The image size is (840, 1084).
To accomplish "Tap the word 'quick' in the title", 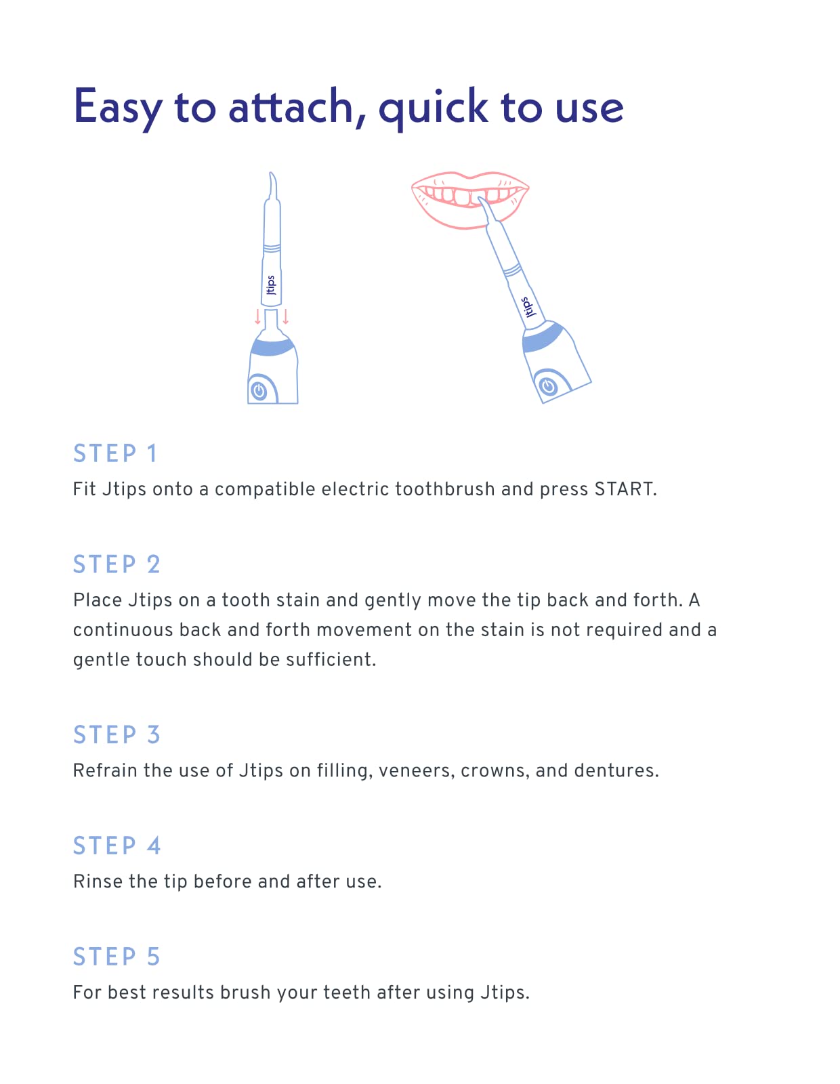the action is click(x=433, y=110).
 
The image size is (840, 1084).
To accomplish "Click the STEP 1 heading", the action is click(x=114, y=453).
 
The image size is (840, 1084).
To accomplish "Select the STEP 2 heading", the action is click(x=117, y=564).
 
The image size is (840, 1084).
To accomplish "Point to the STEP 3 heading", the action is click(x=117, y=734).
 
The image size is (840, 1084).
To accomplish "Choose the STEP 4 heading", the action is click(x=117, y=845).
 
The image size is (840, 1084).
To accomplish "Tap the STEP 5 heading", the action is click(x=117, y=956).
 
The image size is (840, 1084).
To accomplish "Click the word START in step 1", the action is click(x=625, y=489).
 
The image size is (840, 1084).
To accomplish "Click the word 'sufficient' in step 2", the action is click(x=331, y=659).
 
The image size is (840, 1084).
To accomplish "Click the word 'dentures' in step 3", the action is click(x=616, y=771).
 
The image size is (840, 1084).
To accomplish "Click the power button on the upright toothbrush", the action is click(x=259, y=391).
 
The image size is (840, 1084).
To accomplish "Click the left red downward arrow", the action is click(x=257, y=317).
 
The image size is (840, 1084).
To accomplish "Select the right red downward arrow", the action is click(x=285, y=317).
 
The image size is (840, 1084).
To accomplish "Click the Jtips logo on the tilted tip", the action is click(x=528, y=308).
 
